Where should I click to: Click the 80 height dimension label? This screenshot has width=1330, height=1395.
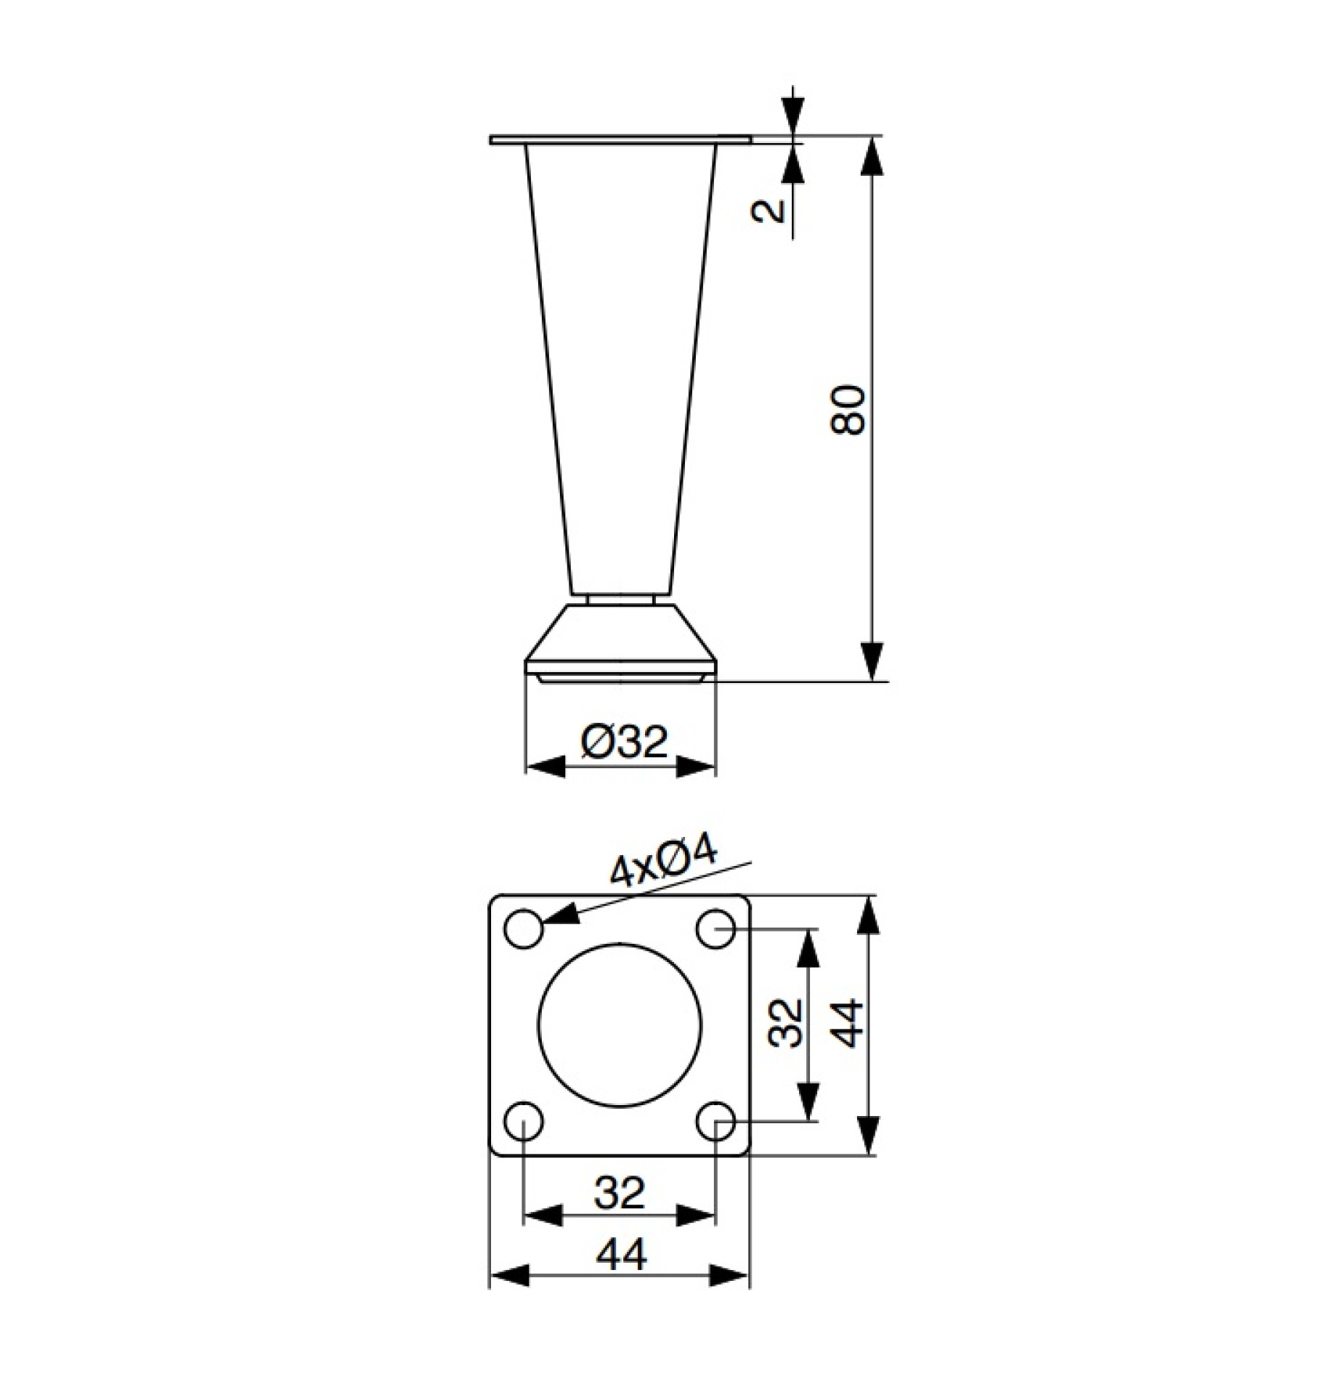click(848, 411)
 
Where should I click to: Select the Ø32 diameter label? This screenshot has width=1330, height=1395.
click(623, 743)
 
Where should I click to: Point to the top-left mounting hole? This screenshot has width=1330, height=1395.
click(524, 929)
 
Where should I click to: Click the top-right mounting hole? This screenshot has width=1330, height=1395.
click(715, 929)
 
